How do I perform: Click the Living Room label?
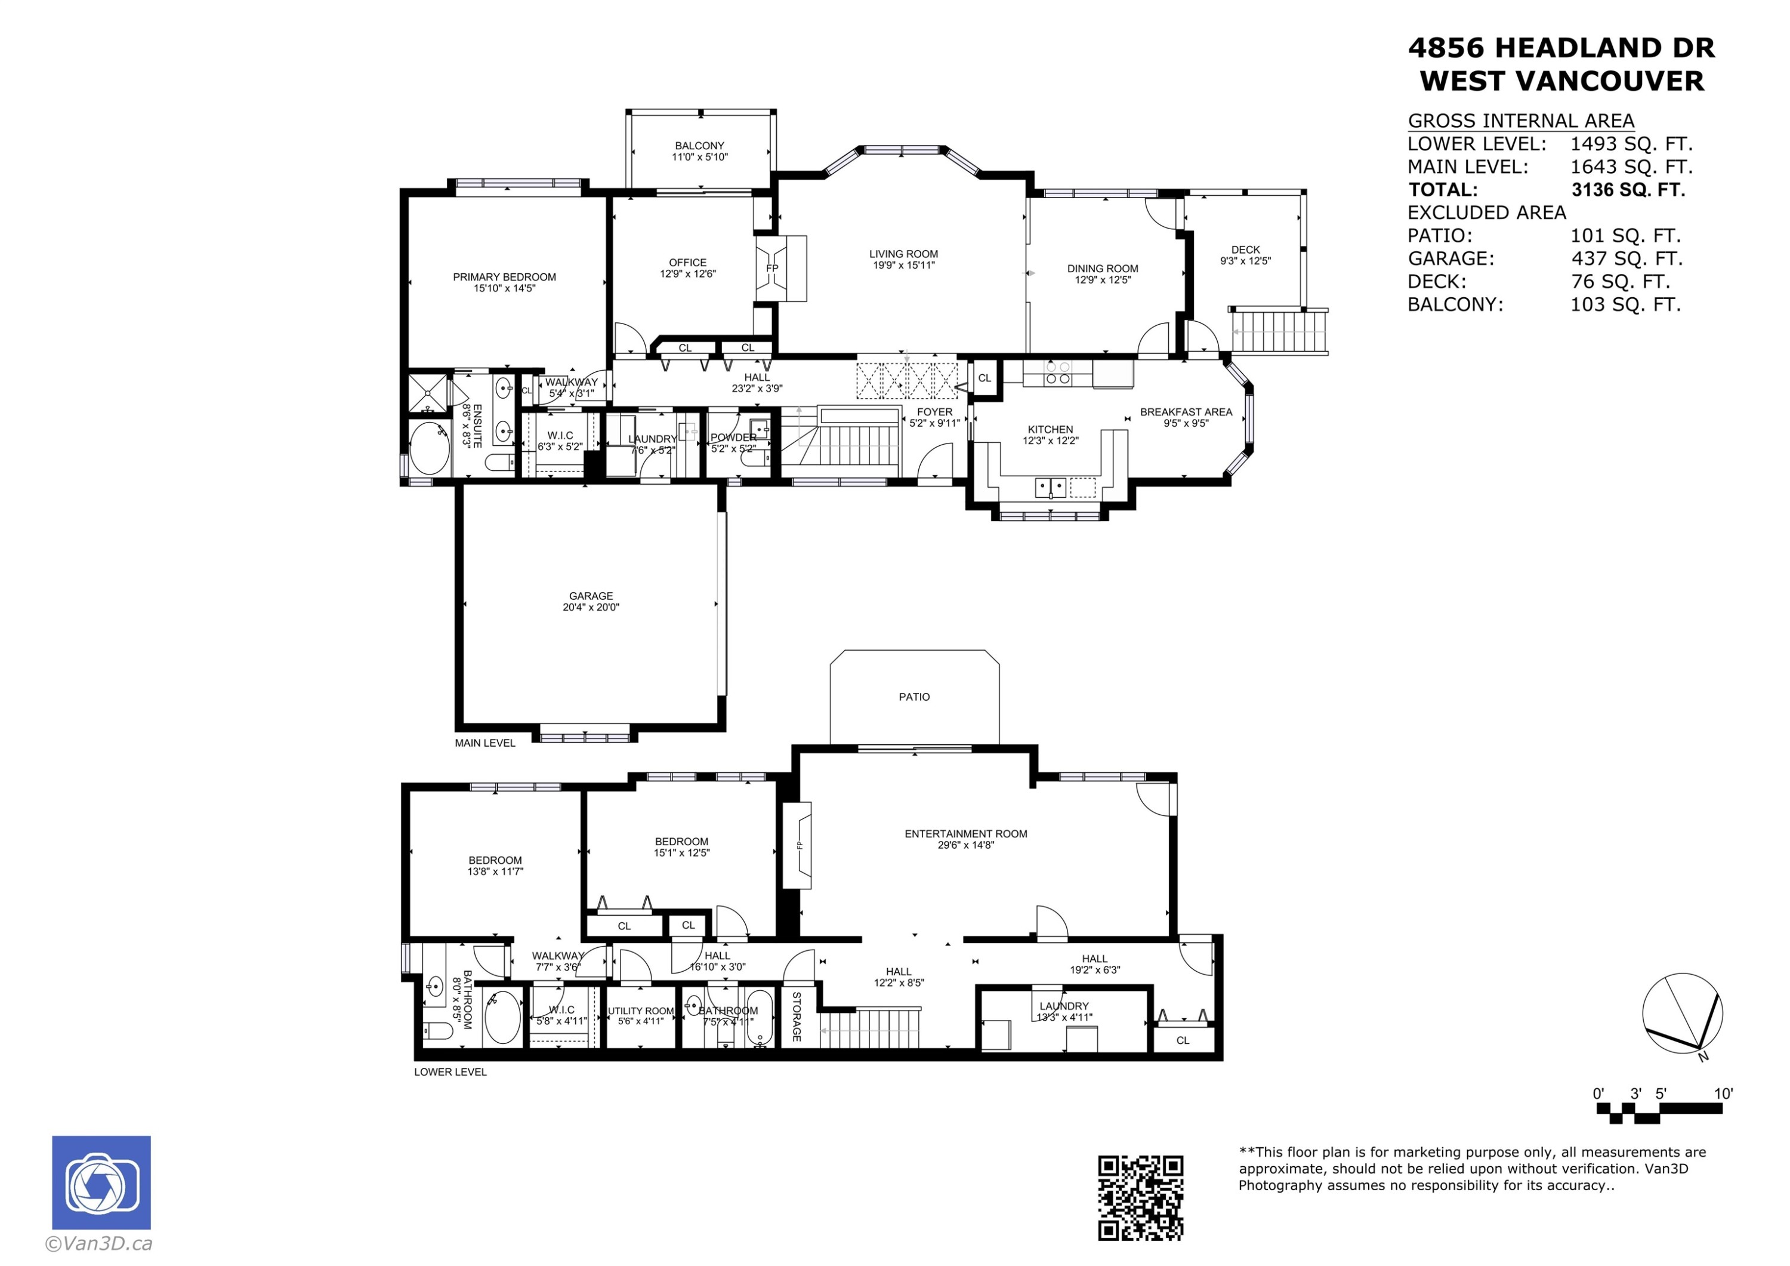click(x=903, y=254)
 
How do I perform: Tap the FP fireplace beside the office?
click(x=772, y=269)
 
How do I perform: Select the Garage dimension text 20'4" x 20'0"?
click(x=591, y=607)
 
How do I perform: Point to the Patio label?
click(x=913, y=697)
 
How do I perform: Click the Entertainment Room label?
click(x=965, y=834)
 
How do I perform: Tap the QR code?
click(x=1141, y=1197)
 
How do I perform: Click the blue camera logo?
click(x=101, y=1182)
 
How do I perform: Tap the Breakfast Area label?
click(x=1186, y=412)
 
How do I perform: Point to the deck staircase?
click(x=1279, y=331)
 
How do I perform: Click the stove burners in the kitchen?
click(x=1058, y=373)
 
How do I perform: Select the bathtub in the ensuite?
click(x=429, y=448)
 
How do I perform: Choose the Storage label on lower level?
click(x=797, y=1017)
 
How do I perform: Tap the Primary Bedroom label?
click(x=504, y=277)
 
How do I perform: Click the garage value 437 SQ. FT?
click(x=1627, y=258)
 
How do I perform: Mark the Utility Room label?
click(x=641, y=1011)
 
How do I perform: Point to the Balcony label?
click(x=699, y=146)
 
